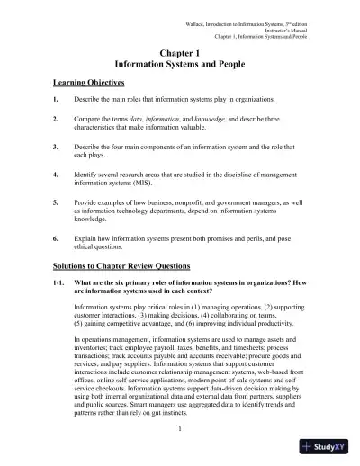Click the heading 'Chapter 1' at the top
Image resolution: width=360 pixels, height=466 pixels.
(x=180, y=55)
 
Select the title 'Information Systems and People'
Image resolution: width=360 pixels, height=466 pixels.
(x=180, y=67)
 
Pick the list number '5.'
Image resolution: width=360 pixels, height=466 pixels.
(x=56, y=209)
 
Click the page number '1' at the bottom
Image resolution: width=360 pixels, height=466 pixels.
(x=180, y=427)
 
